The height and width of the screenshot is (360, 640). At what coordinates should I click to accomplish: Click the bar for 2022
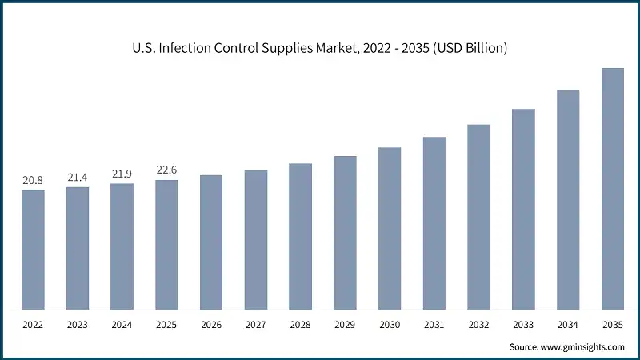click(x=33, y=250)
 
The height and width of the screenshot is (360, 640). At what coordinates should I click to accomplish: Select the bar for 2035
click(x=613, y=189)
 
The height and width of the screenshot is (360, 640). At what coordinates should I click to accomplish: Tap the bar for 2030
click(x=390, y=228)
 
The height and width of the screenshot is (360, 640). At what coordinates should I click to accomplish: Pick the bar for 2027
click(x=256, y=239)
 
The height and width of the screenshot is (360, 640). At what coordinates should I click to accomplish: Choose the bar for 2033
click(x=523, y=209)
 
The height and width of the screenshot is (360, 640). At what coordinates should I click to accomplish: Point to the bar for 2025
click(x=166, y=245)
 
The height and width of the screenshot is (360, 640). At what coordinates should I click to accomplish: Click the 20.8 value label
click(x=33, y=181)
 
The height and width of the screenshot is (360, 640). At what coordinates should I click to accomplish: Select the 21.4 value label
click(x=78, y=178)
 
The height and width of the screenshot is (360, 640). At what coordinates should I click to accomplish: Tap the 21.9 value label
click(x=122, y=174)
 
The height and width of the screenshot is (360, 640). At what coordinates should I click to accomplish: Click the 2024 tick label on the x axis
click(x=122, y=324)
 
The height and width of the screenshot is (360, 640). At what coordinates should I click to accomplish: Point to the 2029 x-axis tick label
click(x=345, y=324)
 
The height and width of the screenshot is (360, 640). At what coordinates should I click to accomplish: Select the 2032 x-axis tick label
click(x=478, y=324)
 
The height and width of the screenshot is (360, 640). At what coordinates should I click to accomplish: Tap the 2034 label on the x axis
click(x=568, y=324)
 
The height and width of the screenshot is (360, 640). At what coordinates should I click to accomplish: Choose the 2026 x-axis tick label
click(x=211, y=324)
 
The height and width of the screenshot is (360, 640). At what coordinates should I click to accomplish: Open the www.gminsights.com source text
click(x=581, y=346)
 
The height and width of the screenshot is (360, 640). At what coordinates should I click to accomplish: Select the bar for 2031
click(x=434, y=223)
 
